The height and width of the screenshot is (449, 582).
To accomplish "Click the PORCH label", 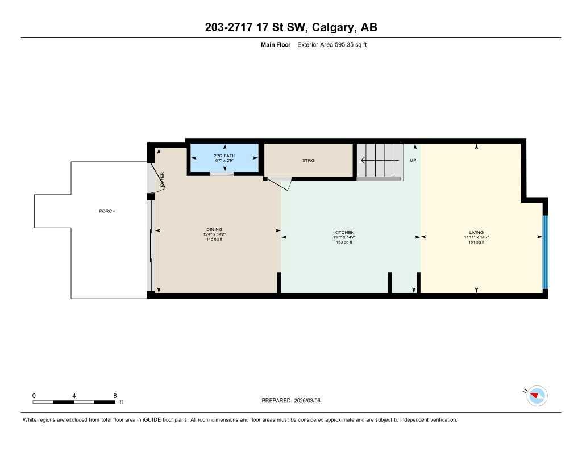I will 107,211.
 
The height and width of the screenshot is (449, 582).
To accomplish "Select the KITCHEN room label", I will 344,233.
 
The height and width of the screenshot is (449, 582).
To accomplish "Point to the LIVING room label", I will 476,233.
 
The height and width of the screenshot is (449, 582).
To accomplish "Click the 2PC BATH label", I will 224,156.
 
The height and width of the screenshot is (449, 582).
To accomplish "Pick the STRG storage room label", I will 308,161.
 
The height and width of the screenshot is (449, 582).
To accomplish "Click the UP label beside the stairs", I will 413,161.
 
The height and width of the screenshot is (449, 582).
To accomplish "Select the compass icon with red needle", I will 537,395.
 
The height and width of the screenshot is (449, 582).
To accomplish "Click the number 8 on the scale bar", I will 115,396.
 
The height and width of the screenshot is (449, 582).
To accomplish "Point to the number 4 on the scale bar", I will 74,396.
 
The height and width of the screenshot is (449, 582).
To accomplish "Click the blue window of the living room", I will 544,252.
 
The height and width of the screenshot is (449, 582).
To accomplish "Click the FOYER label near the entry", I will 162,179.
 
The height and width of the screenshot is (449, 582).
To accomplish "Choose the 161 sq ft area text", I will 476,242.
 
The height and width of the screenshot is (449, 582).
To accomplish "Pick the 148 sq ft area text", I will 214,240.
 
